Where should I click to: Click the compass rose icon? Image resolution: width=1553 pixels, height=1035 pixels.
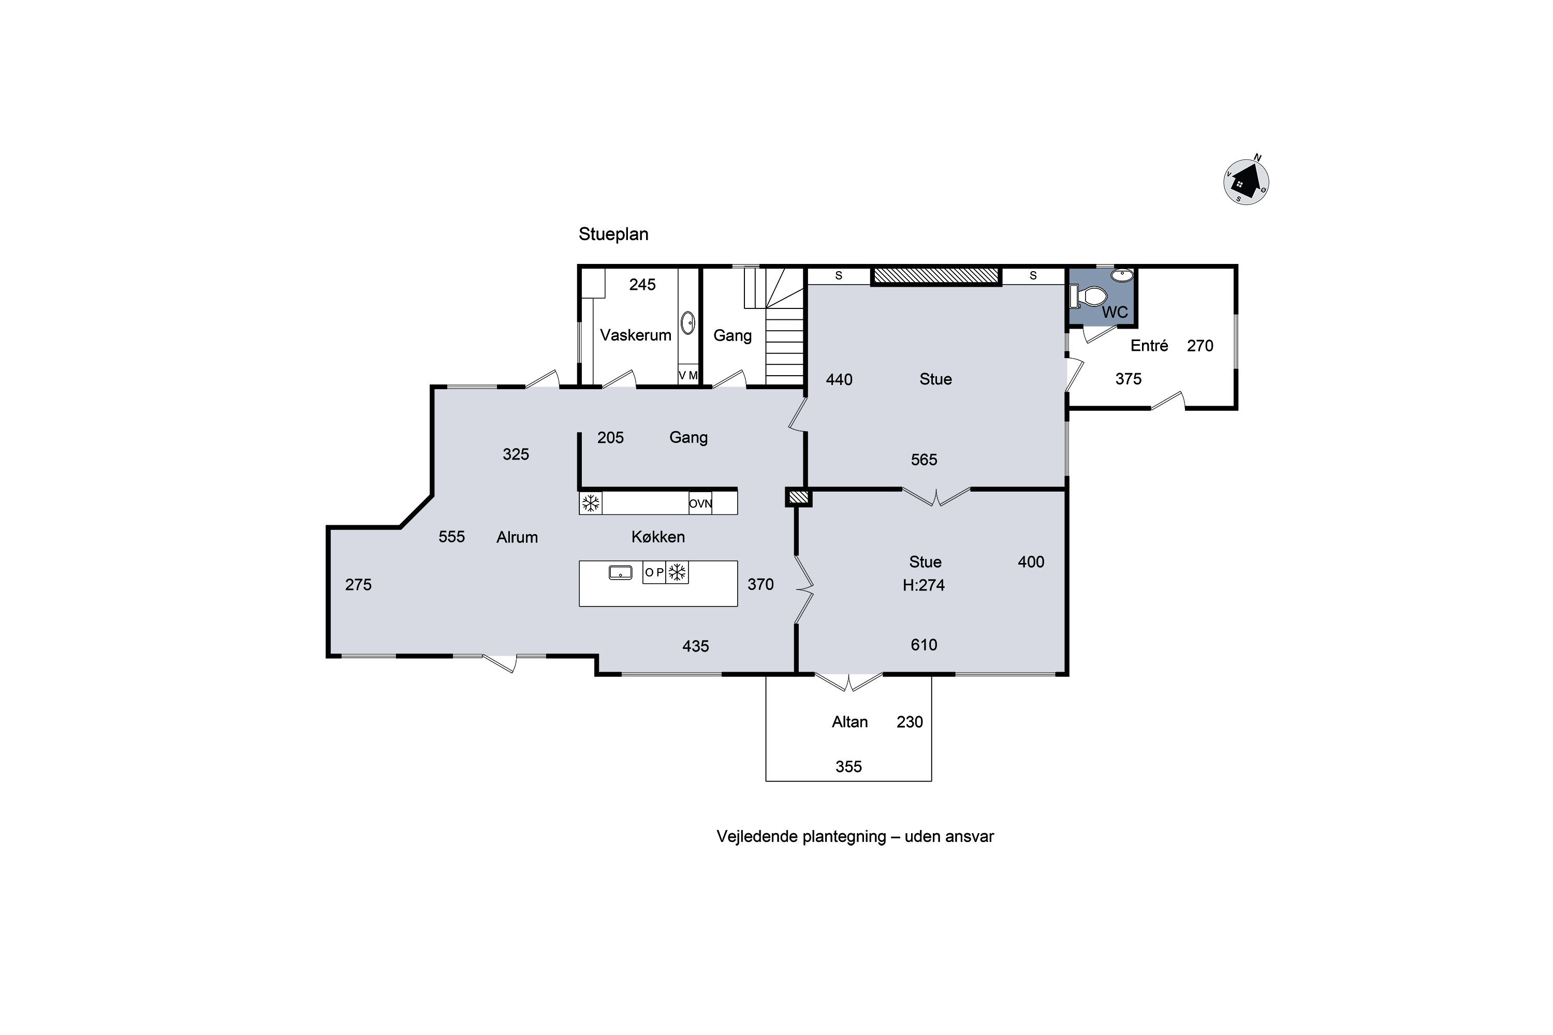pyautogui.click(x=1246, y=182)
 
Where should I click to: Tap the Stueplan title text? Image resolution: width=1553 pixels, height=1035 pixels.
pyautogui.click(x=613, y=234)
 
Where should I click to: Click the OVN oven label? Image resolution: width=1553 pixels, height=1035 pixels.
pyautogui.click(x=700, y=504)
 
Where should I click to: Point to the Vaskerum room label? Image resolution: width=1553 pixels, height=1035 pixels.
pyautogui.click(x=635, y=335)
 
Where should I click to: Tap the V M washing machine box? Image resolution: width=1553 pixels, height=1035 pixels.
pyautogui.click(x=688, y=375)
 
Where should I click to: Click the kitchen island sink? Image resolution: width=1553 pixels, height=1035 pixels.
pyautogui.click(x=620, y=572)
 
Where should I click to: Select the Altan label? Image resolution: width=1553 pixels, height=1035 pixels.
pyautogui.click(x=850, y=721)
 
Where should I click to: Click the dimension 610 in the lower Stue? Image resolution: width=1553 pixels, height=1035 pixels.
pyautogui.click(x=924, y=645)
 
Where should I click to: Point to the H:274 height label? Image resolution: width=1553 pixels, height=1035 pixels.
pyautogui.click(x=924, y=585)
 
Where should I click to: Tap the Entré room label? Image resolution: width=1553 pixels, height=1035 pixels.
pyautogui.click(x=1150, y=345)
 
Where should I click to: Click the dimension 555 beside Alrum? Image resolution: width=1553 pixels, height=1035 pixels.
pyautogui.click(x=451, y=537)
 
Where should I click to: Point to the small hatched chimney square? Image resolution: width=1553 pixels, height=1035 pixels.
pyautogui.click(x=798, y=497)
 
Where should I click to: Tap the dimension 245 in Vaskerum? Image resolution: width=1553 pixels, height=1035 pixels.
pyautogui.click(x=642, y=285)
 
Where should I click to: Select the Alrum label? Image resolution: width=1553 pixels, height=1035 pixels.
pyautogui.click(x=517, y=537)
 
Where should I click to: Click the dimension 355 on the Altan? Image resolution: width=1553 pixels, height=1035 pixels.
pyautogui.click(x=848, y=766)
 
